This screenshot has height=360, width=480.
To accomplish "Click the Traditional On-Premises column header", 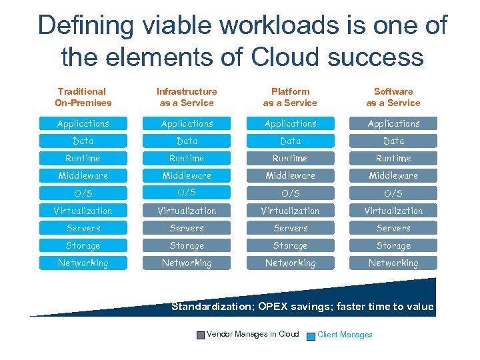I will [83, 97].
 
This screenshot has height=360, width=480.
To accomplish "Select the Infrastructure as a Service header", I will [187, 97].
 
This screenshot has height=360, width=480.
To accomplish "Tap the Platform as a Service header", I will [290, 97].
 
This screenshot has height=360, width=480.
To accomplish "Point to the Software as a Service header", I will [393, 97].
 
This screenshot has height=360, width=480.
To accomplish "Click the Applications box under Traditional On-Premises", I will [83, 123].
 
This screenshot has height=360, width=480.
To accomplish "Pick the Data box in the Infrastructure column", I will [187, 141].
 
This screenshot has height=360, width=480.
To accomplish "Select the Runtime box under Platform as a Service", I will [290, 158].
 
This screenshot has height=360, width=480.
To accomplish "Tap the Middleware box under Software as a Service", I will [393, 175].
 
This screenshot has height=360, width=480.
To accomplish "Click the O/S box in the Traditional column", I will [83, 193].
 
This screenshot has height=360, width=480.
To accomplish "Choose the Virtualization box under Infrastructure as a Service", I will [187, 211].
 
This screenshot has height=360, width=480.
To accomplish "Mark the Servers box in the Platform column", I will [290, 228].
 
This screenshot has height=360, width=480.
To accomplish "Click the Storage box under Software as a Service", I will [393, 245].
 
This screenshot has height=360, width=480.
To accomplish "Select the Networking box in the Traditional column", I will [83, 263].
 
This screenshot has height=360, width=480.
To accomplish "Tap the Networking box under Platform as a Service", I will [290, 263].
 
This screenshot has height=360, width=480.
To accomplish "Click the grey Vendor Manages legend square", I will [201, 335].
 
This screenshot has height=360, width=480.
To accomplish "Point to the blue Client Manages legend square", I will [311, 335].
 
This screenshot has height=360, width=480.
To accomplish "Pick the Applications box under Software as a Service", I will [393, 123].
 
